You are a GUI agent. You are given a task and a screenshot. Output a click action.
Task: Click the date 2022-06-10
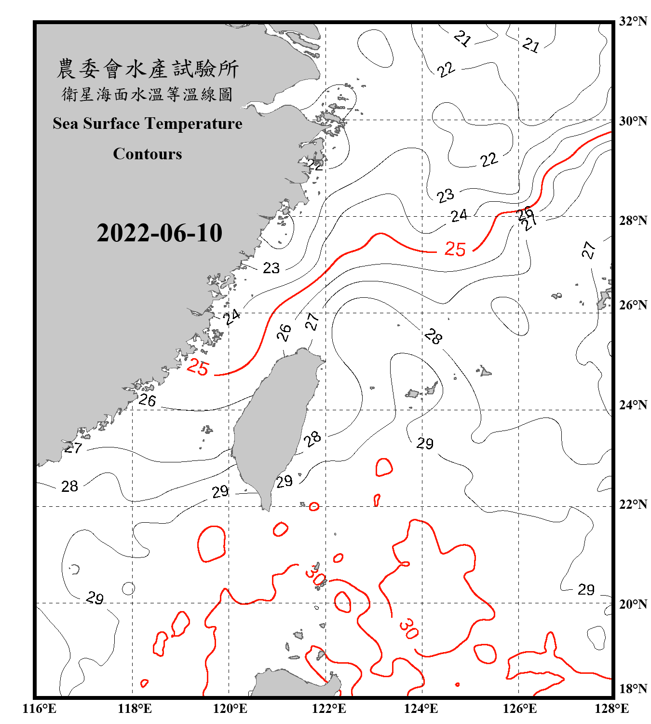[x=159, y=233]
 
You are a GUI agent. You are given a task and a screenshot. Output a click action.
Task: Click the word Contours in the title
[x=148, y=153]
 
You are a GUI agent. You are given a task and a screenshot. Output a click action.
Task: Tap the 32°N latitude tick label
[x=633, y=21]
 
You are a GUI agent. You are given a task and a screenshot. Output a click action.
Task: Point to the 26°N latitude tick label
[x=633, y=305]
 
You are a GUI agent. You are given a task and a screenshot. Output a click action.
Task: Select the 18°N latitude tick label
[x=633, y=689]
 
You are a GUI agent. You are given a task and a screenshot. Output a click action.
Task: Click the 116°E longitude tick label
[x=40, y=709]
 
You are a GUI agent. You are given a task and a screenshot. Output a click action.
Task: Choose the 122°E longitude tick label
[x=329, y=709]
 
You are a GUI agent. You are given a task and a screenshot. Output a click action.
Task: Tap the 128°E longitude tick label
[x=611, y=709]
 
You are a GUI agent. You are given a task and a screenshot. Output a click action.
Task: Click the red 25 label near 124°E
[x=455, y=250]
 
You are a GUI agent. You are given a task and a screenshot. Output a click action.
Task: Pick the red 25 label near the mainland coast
[x=197, y=367]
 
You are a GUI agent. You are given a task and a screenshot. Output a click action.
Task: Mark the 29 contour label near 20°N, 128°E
[x=586, y=589]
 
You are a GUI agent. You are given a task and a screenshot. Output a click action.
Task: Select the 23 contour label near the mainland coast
[x=271, y=268]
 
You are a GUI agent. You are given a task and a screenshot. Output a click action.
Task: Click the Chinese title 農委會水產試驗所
[x=148, y=69]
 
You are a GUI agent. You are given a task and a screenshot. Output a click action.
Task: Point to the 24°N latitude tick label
[x=633, y=404]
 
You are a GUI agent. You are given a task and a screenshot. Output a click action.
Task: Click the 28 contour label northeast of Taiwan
[x=433, y=336]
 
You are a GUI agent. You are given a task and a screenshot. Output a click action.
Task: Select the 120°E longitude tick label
[x=231, y=709]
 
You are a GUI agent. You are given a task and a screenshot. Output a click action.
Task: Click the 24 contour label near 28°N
[x=459, y=215]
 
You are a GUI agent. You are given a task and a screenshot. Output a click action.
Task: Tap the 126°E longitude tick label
[x=520, y=709]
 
